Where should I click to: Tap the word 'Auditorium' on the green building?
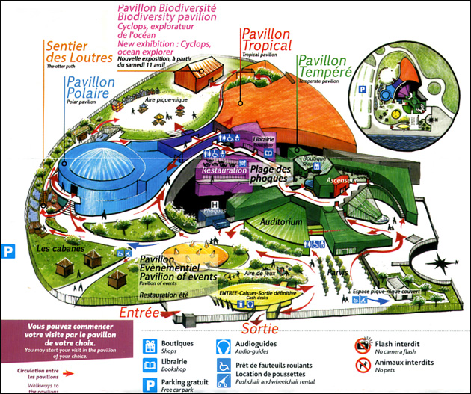282,222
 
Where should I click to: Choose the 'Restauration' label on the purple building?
224,170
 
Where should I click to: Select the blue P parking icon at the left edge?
9,252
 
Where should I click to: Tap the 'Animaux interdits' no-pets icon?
363,365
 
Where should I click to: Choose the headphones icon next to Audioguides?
224,346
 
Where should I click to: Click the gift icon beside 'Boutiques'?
150,346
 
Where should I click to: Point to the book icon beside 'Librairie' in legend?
150,365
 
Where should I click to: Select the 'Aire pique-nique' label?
166,99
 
